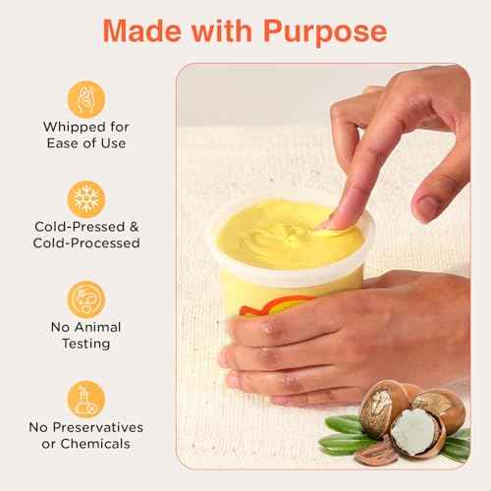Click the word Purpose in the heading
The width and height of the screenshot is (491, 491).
pos(323,30)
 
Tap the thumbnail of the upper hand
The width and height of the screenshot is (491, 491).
pos(427,207)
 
